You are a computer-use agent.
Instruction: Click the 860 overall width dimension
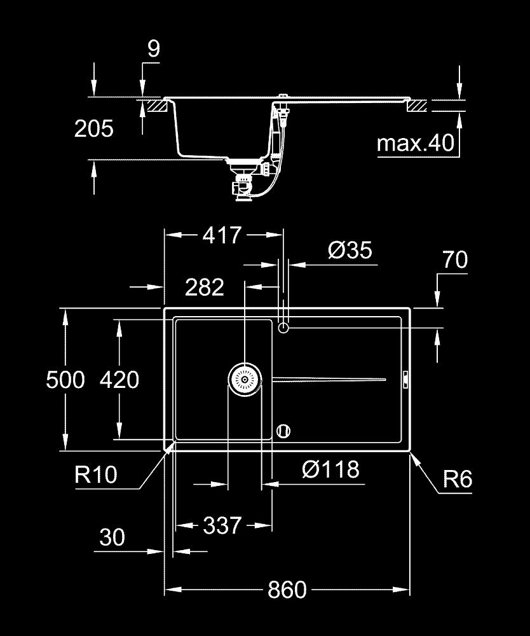click(287, 590)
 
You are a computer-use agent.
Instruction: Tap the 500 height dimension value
click(65, 380)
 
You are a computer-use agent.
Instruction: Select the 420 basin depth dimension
click(119, 380)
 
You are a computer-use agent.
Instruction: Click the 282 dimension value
click(205, 287)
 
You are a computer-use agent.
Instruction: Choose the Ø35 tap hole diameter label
click(350, 250)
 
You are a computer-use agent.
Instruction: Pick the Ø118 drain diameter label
click(330, 470)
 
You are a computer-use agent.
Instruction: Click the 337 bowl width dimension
click(222, 525)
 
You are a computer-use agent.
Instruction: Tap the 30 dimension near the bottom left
click(112, 538)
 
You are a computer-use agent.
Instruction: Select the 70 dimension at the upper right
click(454, 259)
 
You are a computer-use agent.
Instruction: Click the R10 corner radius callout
click(96, 474)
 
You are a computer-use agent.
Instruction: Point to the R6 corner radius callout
click(458, 479)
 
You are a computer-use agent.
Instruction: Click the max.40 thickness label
click(416, 143)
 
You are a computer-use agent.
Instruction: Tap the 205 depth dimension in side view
click(94, 128)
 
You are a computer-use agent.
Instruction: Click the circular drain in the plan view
click(245, 380)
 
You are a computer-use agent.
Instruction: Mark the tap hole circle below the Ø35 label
click(283, 328)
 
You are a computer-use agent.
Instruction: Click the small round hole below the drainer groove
click(284, 431)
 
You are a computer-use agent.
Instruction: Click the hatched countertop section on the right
click(418, 106)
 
